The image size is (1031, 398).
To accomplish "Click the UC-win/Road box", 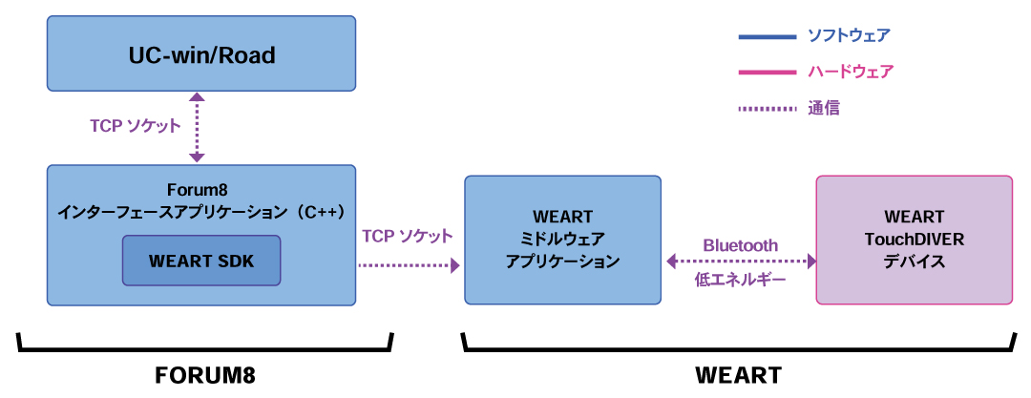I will point(201,55).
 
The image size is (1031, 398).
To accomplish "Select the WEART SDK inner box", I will point(201,260).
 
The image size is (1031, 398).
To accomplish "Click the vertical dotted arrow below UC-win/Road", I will point(197,127).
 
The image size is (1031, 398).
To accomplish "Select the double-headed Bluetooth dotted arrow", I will point(741,261).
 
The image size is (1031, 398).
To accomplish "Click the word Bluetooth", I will point(741,244).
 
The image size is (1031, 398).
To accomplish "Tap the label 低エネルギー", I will point(741,280).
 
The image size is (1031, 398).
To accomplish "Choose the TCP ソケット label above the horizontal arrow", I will point(408,235).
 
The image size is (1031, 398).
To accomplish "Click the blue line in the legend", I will point(767,37).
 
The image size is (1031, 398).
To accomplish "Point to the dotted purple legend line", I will point(767,109).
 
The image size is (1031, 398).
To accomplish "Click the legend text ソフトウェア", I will point(849,36).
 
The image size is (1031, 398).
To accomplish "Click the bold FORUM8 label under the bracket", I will point(205,374).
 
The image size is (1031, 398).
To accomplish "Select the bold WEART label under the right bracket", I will point(738,374).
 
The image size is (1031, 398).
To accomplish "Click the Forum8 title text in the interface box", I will point(201,189).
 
